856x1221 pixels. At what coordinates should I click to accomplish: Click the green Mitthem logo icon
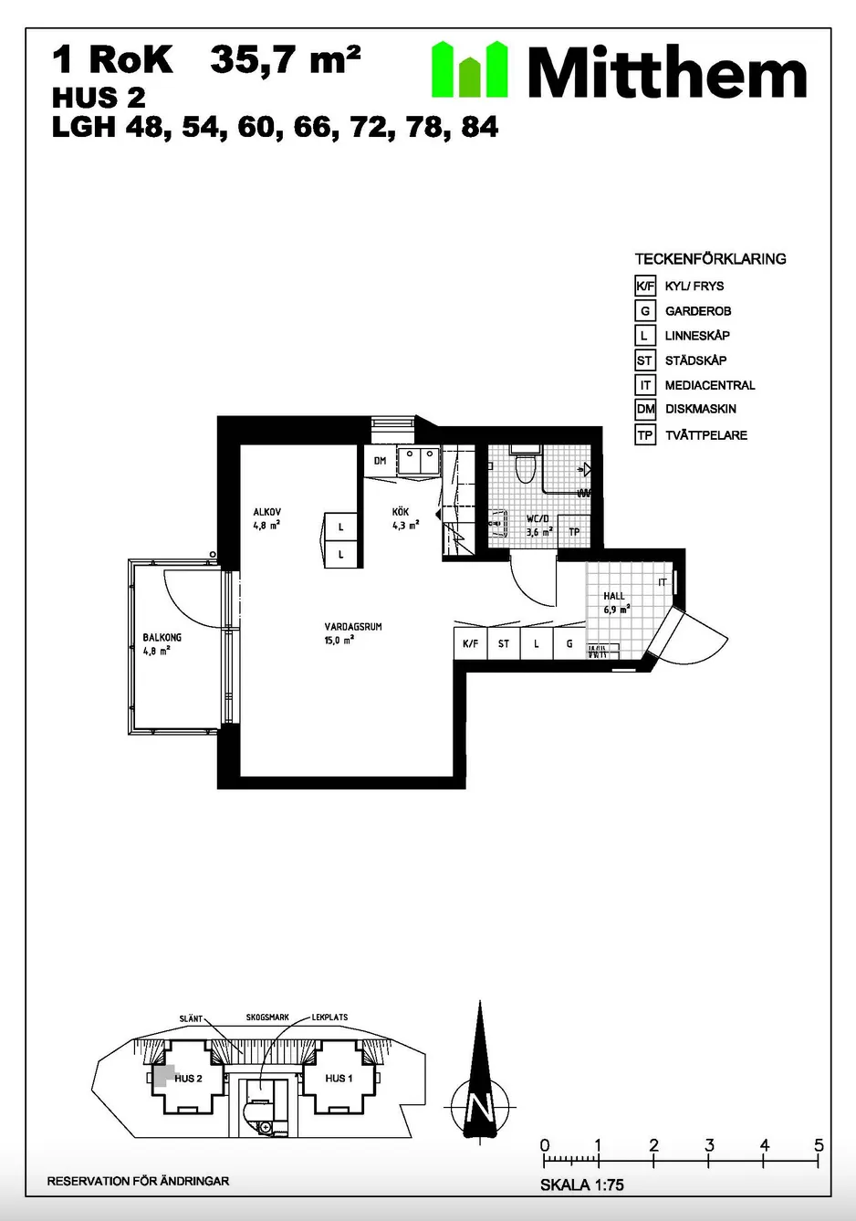click(x=469, y=69)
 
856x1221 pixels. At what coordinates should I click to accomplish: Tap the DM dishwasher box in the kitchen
click(x=380, y=461)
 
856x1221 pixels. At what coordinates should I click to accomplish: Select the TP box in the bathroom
click(x=574, y=532)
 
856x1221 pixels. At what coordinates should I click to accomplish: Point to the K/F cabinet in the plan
click(x=471, y=643)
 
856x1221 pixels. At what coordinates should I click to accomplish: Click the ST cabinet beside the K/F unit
click(x=504, y=643)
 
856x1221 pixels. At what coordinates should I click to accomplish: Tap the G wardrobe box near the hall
click(x=569, y=643)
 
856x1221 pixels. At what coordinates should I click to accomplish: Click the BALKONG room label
click(x=162, y=637)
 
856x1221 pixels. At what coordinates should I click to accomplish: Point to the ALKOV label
click(x=267, y=512)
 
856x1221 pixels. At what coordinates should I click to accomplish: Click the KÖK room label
click(x=401, y=512)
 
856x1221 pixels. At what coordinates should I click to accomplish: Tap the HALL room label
click(x=614, y=596)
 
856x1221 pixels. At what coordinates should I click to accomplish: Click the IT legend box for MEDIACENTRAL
click(x=645, y=385)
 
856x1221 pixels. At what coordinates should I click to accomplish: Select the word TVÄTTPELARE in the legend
click(x=706, y=435)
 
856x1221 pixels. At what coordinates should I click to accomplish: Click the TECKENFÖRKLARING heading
click(x=710, y=259)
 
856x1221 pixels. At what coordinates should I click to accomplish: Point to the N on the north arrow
click(x=480, y=1107)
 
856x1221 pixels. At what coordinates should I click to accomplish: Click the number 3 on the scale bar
click(x=709, y=1145)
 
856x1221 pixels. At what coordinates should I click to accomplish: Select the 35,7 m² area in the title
click(x=286, y=59)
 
